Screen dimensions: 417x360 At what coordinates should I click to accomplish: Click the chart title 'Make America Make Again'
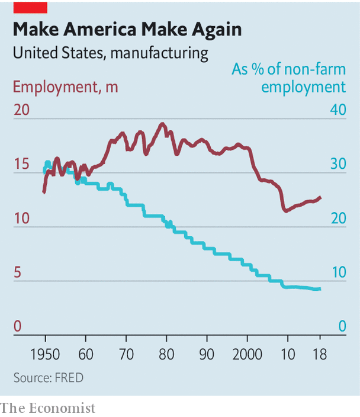[127, 30]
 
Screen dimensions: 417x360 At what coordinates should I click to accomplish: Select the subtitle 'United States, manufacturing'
[110, 53]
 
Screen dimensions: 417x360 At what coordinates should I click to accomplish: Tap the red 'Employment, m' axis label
[65, 87]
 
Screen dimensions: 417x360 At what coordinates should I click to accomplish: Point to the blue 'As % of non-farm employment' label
[288, 78]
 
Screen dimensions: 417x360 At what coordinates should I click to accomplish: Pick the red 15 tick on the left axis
[21, 163]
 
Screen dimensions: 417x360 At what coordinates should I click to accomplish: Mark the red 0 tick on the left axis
[17, 326]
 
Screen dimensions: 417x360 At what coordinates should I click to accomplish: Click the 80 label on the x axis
[166, 356]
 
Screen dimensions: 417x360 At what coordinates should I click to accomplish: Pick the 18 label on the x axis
[320, 356]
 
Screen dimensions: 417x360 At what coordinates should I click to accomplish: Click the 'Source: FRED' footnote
[49, 377]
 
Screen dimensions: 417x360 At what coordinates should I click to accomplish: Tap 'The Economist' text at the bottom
[47, 408]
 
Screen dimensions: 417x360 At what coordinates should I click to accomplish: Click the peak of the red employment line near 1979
[162, 123]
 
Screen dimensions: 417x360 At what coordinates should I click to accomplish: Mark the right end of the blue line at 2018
[320, 289]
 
